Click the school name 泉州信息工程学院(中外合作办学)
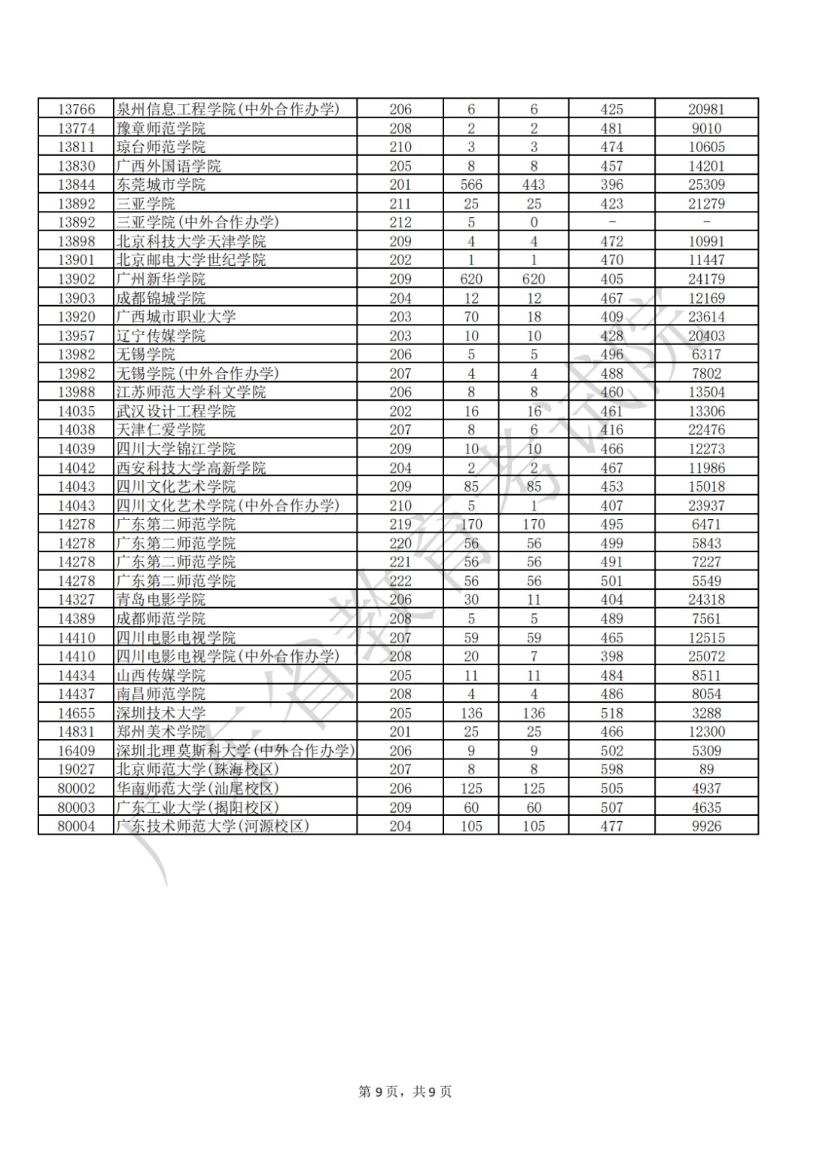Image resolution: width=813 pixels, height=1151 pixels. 227,109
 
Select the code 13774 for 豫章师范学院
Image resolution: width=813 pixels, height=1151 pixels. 76,128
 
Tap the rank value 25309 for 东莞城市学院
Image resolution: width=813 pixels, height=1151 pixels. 705,185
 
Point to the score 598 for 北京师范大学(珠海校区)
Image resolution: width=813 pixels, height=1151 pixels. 611,769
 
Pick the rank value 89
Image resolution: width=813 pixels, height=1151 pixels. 705,769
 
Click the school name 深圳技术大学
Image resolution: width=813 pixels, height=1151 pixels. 160,713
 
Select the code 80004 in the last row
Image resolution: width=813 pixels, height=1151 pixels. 76,826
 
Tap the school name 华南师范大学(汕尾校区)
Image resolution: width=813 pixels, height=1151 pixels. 197,788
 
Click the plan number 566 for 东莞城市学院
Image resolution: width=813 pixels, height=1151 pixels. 471,185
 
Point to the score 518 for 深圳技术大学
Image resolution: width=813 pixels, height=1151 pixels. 611,713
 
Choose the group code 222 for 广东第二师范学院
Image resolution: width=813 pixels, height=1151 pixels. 400,581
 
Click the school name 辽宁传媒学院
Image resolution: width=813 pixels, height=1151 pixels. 160,335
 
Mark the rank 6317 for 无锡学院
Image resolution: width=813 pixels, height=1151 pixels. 705,354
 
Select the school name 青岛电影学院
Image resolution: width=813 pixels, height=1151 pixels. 160,600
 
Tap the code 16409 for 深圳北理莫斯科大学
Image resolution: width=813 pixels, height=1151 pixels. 76,750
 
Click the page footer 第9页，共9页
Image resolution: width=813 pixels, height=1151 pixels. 405,1091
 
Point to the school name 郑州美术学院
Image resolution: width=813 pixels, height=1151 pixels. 160,731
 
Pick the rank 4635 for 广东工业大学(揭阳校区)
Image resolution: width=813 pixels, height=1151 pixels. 705,807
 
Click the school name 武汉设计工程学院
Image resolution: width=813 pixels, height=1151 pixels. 175,411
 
